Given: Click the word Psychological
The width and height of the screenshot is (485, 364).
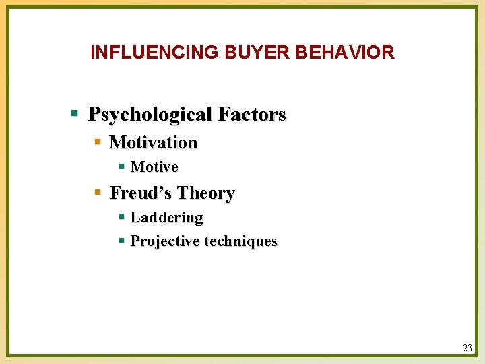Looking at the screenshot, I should pyautogui.click(x=150, y=115).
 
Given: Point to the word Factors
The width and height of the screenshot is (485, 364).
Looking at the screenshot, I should pyautogui.click(x=252, y=115).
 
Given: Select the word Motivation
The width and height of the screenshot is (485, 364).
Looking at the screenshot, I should pyautogui.click(x=153, y=142).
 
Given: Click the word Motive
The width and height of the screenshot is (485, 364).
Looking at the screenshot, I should pyautogui.click(x=154, y=166).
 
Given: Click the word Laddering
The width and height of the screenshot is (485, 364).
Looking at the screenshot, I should pyautogui.click(x=166, y=217).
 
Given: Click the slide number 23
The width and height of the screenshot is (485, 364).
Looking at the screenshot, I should pyautogui.click(x=467, y=348).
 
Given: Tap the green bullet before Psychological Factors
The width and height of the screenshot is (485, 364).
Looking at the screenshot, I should pyautogui.click(x=76, y=113).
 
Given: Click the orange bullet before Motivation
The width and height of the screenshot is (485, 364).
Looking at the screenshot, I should pyautogui.click(x=98, y=142).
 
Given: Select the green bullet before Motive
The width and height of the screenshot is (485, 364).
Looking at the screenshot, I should pyautogui.click(x=121, y=166).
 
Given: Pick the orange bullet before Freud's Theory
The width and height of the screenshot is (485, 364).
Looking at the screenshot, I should pyautogui.click(x=98, y=193).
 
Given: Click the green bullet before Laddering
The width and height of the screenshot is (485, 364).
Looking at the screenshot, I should pyautogui.click(x=121, y=217).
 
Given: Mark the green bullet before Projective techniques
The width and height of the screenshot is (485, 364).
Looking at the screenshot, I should pyautogui.click(x=121, y=241).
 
